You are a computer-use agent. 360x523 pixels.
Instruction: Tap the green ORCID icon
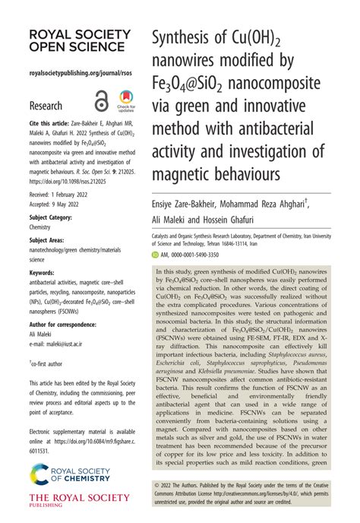[159, 257]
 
